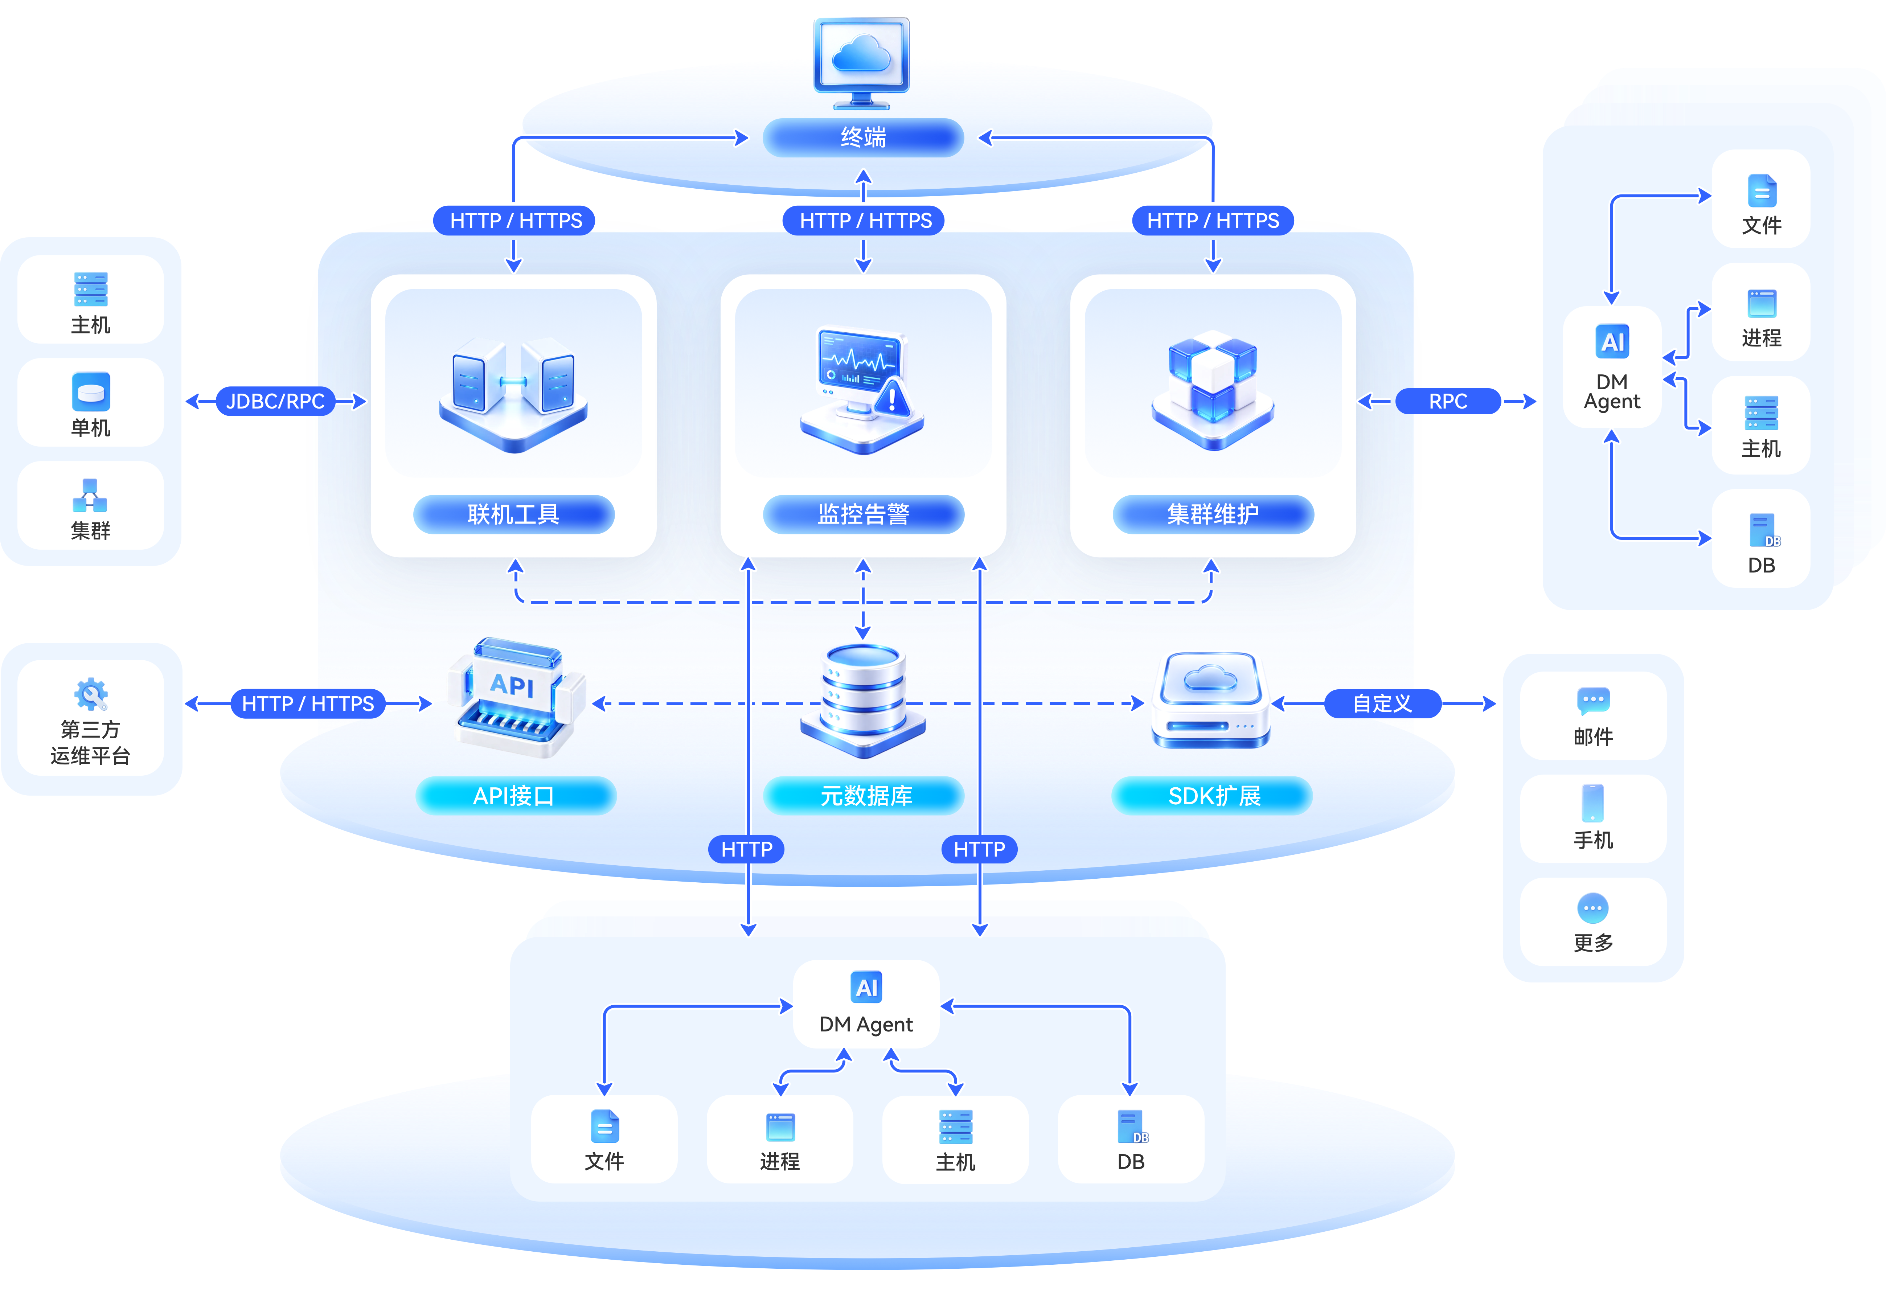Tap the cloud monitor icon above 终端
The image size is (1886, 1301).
[861, 63]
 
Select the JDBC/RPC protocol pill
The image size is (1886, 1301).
[275, 401]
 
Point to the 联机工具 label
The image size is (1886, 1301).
[513, 514]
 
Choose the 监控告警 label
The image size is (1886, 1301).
[863, 514]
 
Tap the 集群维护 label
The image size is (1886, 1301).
[1213, 514]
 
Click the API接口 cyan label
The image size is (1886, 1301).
[515, 796]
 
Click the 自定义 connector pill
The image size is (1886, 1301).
[1382, 703]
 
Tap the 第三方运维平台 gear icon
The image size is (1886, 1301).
[90, 694]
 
